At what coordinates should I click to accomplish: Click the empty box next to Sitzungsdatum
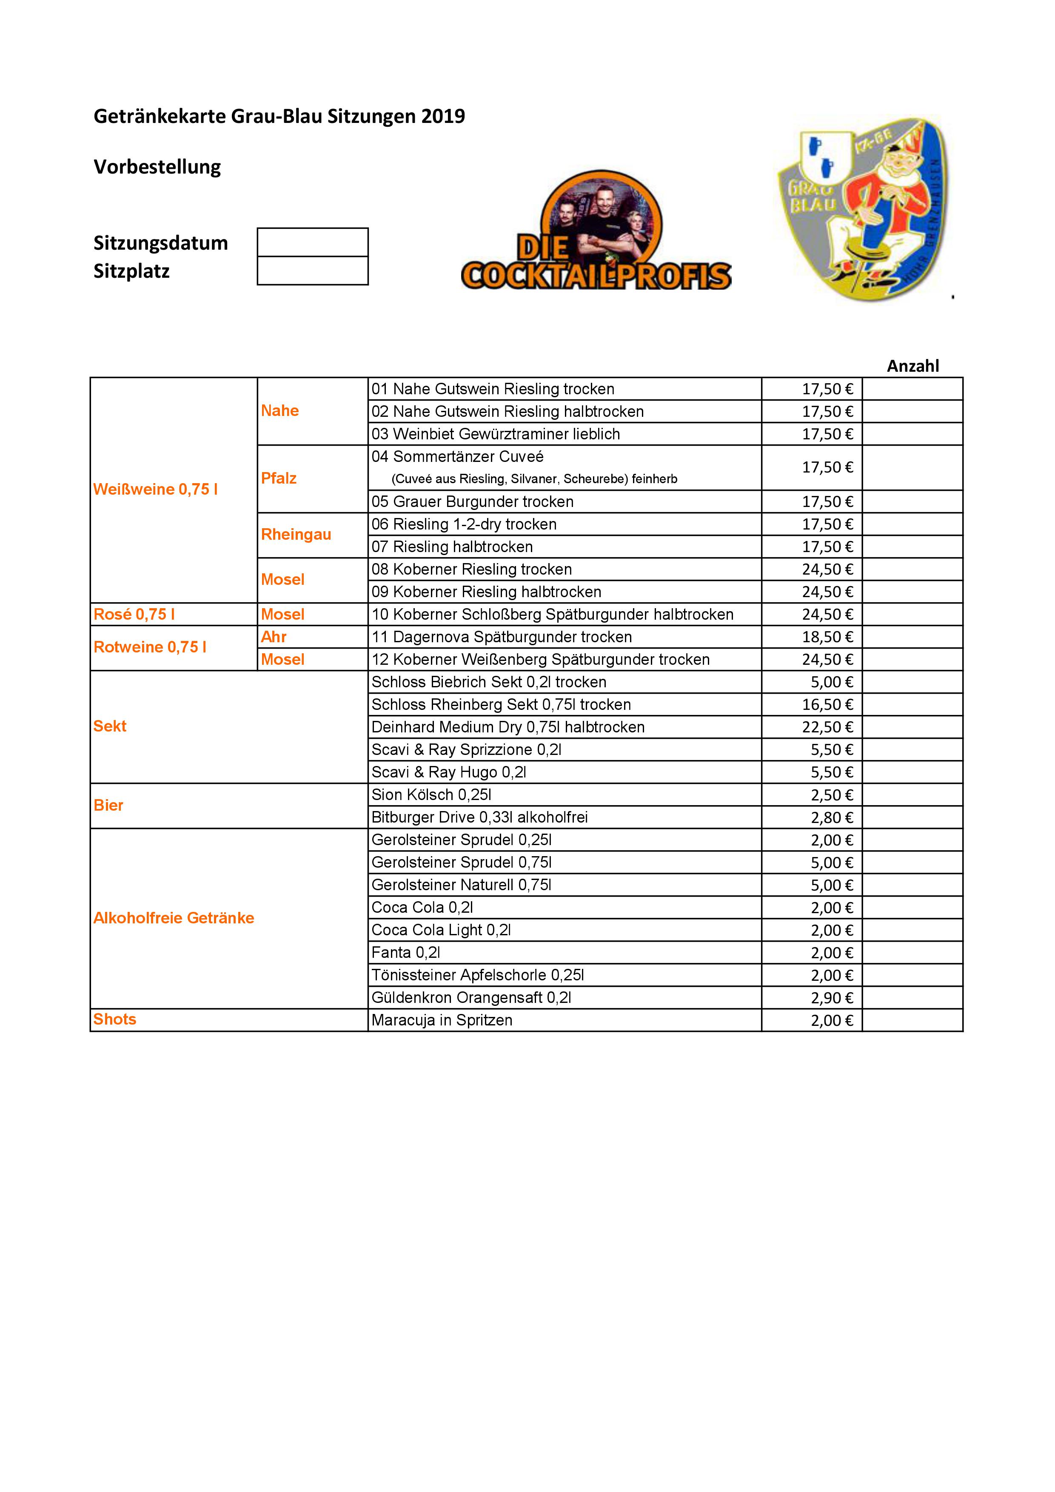coord(313,242)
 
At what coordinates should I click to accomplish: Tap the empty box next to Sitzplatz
coord(313,271)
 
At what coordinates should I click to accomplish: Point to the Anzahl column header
coord(912,366)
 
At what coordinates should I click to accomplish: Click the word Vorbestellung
coord(157,167)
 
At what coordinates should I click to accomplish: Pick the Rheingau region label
coord(296,534)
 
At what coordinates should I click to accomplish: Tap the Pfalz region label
coord(279,478)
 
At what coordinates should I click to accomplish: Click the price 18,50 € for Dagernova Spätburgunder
coord(827,637)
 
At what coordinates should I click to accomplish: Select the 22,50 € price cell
coord(827,727)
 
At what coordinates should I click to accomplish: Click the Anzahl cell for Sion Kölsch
coord(912,795)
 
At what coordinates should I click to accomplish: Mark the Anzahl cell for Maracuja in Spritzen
coord(912,1020)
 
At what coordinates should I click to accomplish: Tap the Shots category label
coord(114,1019)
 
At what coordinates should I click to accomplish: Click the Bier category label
coord(108,805)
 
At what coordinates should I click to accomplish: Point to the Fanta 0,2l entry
coord(405,953)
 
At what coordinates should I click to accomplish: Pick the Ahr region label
coord(274,637)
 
